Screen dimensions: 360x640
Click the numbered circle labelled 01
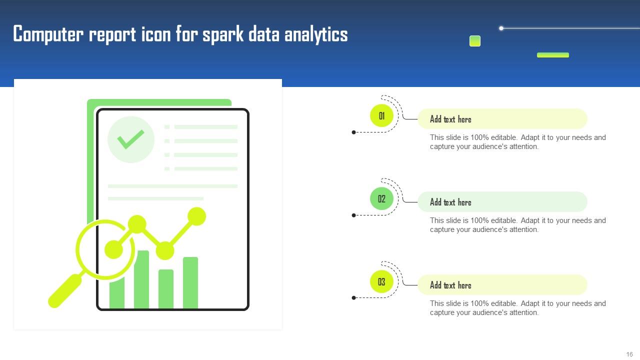pyautogui.click(x=381, y=116)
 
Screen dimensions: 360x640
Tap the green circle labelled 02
pyautogui.click(x=381, y=199)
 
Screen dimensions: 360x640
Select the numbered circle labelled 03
pyautogui.click(x=381, y=282)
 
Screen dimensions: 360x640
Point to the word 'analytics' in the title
pyautogui.click(x=316, y=34)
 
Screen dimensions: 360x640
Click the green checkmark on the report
pyautogui.click(x=131, y=139)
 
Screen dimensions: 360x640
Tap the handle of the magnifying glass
pyautogui.click(x=65, y=290)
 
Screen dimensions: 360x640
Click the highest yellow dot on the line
pyautogui.click(x=197, y=216)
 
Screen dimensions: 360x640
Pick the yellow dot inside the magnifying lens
pyautogui.click(x=114, y=249)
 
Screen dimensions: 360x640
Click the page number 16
pyautogui.click(x=629, y=354)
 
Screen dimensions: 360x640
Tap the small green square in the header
pyautogui.click(x=475, y=41)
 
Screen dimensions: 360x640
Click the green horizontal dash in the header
pyautogui.click(x=552, y=55)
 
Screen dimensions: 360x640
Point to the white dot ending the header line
pyautogui.click(x=501, y=28)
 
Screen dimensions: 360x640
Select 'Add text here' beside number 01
pyautogui.click(x=450, y=119)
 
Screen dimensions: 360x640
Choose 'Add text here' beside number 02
pyautogui.click(x=450, y=202)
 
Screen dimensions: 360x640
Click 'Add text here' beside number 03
pyautogui.click(x=450, y=285)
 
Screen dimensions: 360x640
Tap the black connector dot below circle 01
pyautogui.click(x=354, y=132)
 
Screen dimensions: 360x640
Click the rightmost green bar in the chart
pyautogui.click(x=190, y=282)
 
